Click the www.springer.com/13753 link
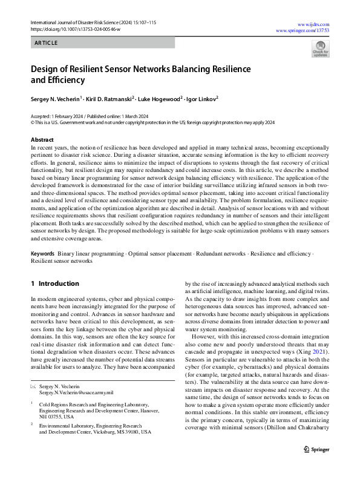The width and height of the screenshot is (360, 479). [x=302, y=30]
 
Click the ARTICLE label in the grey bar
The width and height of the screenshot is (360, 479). [x=46, y=43]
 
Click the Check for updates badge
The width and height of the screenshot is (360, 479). [x=320, y=49]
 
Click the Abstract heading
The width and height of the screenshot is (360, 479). [x=42, y=139]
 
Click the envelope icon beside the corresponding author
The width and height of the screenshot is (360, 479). [x=33, y=386]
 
